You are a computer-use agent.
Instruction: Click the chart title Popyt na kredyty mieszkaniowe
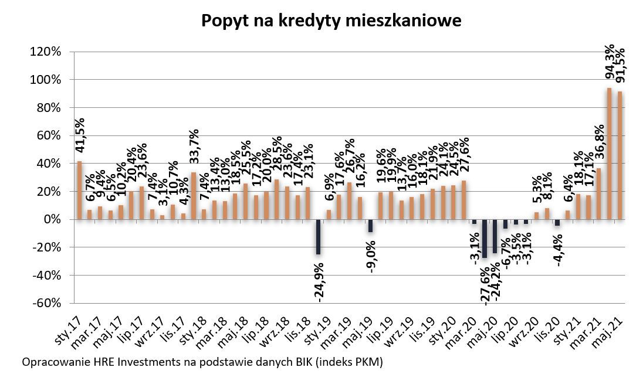click(x=331, y=21)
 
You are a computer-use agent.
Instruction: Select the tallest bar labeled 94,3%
click(x=609, y=154)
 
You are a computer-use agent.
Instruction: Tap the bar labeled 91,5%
click(x=620, y=155)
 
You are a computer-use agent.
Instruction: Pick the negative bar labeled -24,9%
click(x=318, y=237)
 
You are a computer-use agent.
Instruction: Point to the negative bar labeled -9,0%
click(x=370, y=226)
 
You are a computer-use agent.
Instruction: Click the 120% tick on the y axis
click(x=46, y=52)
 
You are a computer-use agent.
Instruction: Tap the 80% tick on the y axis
click(x=48, y=107)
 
